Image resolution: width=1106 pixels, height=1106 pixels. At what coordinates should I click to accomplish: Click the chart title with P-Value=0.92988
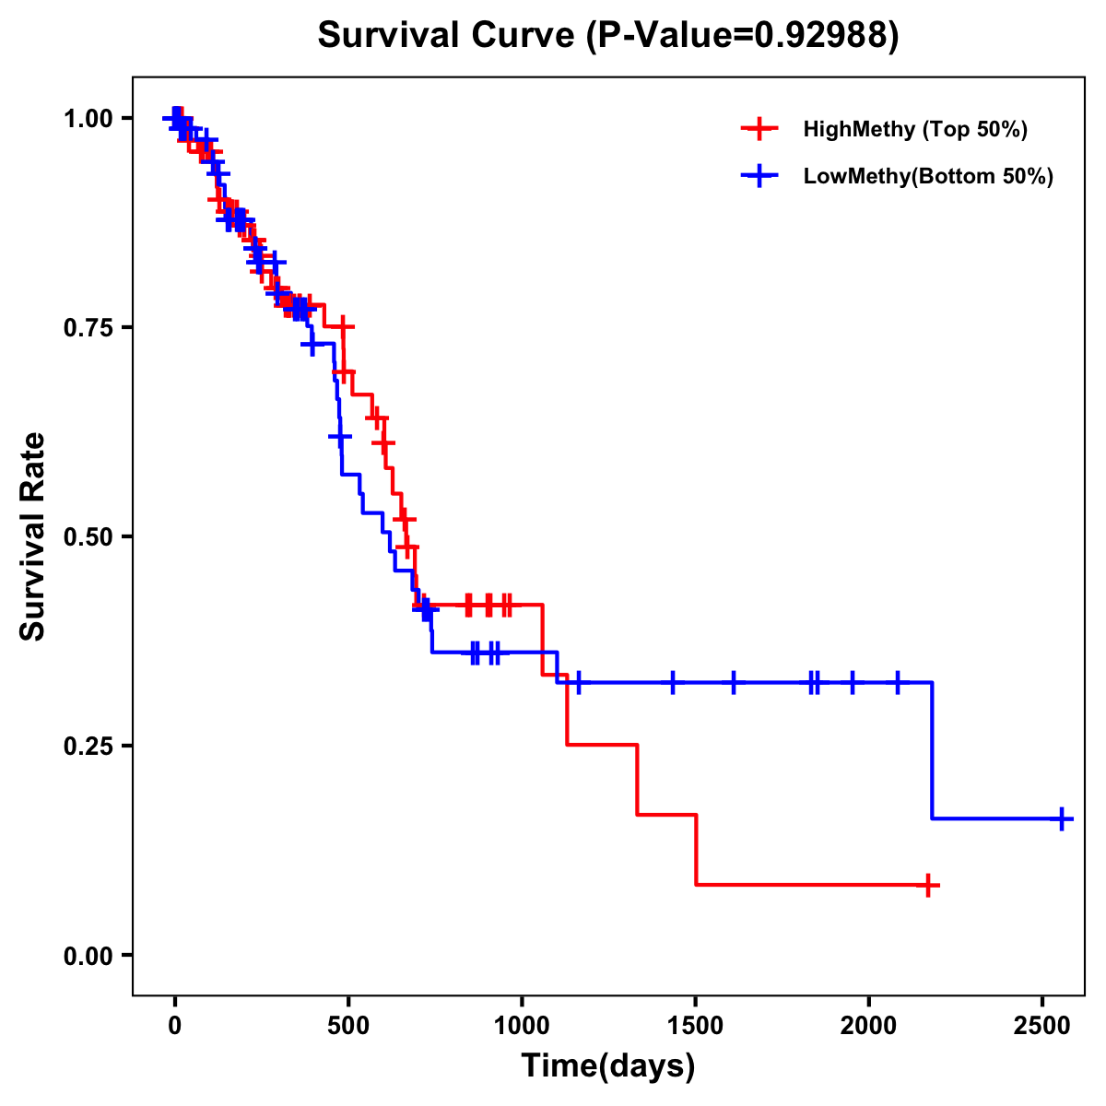[607, 35]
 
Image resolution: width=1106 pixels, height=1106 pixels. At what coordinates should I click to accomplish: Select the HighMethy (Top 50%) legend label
[914, 129]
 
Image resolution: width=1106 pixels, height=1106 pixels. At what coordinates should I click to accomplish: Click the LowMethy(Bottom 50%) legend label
[928, 176]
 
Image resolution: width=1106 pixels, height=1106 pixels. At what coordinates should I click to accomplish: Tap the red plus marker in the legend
[759, 129]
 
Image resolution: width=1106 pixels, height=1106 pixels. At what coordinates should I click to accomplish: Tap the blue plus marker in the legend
[759, 176]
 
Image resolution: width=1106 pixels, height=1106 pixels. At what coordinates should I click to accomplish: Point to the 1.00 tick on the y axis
[88, 119]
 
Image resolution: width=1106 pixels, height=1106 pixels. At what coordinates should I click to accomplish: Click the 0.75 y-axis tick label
[88, 328]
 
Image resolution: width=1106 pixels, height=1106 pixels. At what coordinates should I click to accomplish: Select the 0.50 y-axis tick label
[88, 537]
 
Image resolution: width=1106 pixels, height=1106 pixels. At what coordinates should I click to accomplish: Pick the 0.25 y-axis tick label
[88, 747]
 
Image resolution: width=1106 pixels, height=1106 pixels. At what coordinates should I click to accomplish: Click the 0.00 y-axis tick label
[88, 956]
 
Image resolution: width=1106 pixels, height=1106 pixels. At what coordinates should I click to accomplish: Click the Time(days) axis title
[608, 1066]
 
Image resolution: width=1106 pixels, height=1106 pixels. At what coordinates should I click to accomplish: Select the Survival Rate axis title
[33, 536]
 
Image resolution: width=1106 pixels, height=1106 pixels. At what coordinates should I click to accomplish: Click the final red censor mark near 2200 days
[929, 885]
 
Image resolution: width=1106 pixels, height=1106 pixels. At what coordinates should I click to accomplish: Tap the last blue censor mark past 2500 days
[1062, 818]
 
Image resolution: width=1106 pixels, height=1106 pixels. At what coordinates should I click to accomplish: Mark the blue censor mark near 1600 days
[734, 683]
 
